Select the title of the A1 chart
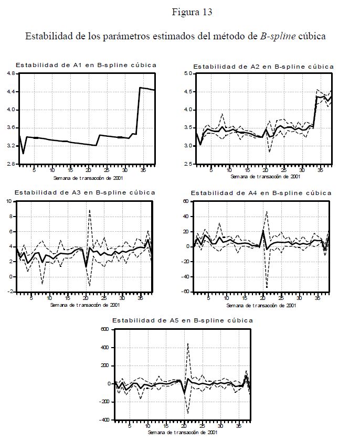tap(86, 65)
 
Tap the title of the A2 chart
tap(263, 67)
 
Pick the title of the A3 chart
tap(84, 192)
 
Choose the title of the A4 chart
tap(261, 193)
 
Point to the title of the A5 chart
tap(182, 320)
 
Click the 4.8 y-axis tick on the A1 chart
tap(10, 74)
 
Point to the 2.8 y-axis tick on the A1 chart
tap(10, 164)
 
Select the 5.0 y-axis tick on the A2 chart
tap(188, 74)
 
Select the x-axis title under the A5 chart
tap(182, 433)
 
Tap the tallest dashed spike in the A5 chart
tap(188, 344)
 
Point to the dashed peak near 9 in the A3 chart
tap(90, 210)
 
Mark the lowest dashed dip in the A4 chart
tap(267, 287)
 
